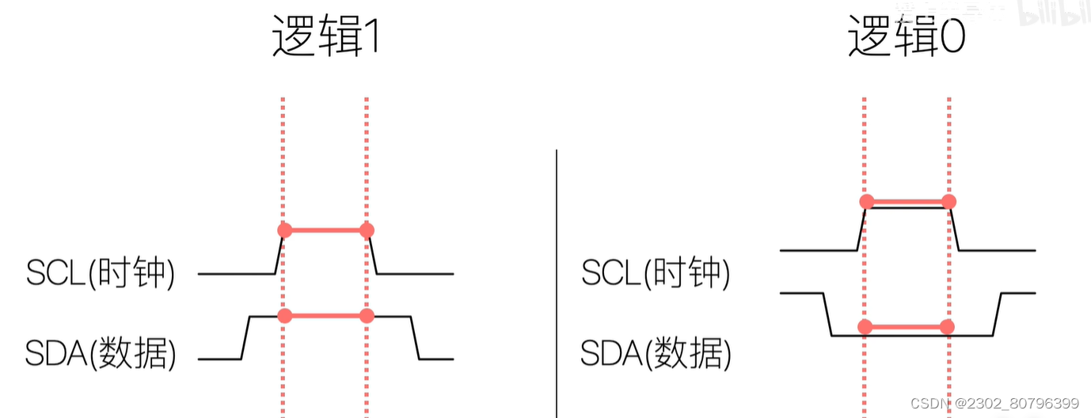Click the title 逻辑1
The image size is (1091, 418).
tap(325, 36)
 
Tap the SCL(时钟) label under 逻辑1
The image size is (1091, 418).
tap(101, 273)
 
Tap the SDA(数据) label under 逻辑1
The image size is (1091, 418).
tap(101, 354)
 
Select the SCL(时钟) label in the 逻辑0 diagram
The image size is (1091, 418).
tap(656, 273)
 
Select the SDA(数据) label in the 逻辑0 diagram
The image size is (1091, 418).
tap(656, 354)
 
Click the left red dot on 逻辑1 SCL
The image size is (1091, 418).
tap(285, 230)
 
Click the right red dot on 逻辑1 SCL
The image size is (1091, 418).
tap(366, 230)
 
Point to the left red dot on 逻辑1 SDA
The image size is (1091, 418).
tap(285, 315)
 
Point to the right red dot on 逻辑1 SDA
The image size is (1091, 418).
tap(366, 315)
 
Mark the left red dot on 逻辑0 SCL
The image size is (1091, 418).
tap(866, 201)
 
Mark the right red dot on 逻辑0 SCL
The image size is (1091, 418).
tap(948, 201)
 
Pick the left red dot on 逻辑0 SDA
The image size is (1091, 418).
tap(865, 326)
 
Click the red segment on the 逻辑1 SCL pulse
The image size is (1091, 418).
tap(325, 230)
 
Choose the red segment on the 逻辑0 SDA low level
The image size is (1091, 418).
tap(907, 326)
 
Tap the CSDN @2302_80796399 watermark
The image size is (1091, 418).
tap(994, 404)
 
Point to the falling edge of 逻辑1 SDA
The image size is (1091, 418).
tap(416, 338)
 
